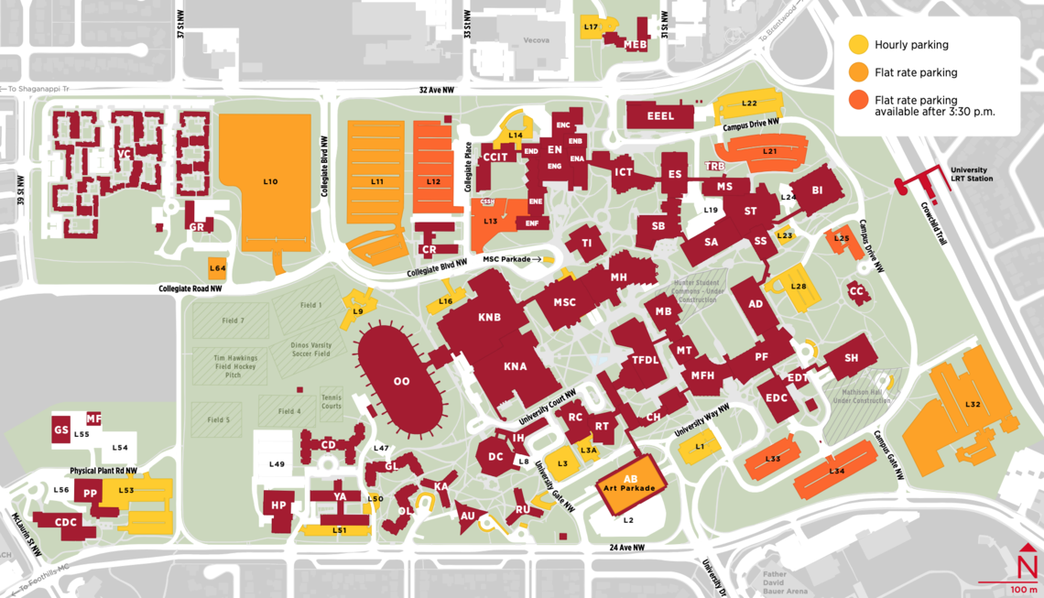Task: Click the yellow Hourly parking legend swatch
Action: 858,44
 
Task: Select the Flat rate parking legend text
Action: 916,72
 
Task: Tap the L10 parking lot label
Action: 270,182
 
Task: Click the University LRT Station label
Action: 970,174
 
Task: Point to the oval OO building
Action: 401,381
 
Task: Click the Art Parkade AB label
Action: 630,484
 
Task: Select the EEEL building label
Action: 660,116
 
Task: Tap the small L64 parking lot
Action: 217,267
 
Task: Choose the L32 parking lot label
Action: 973,404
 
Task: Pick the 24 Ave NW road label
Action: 627,548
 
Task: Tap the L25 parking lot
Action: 840,238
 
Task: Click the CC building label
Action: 857,291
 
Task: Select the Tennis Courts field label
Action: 332,402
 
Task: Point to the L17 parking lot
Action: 592,27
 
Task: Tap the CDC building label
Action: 66,522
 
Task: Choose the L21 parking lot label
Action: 769,151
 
